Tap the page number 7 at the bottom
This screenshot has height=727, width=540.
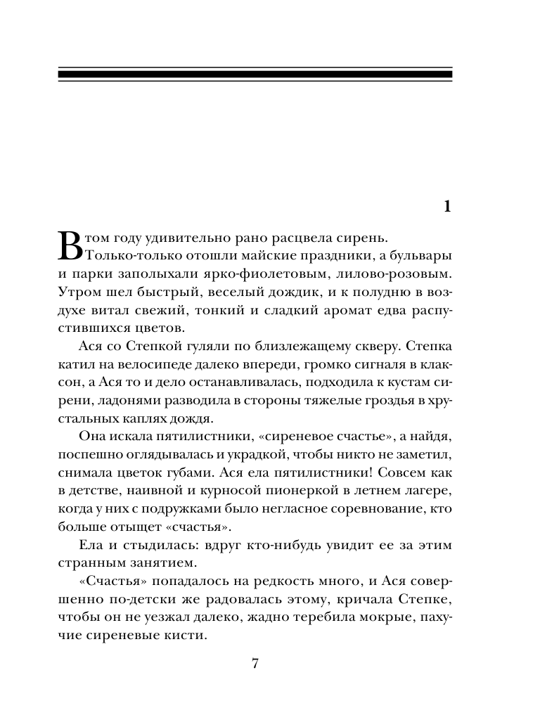[x=256, y=664]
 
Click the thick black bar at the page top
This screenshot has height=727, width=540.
[x=255, y=73]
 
